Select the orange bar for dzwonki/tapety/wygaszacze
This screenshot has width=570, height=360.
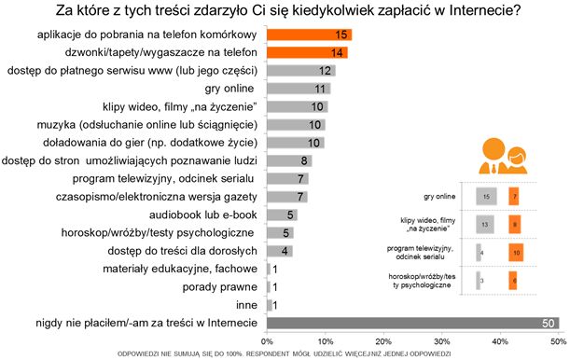tap(307, 53)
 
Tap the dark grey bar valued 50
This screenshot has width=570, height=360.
tap(412, 322)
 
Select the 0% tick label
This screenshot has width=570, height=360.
tap(268, 339)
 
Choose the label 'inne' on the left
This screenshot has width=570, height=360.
tap(244, 304)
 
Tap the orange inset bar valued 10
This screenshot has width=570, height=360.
tap(516, 252)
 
